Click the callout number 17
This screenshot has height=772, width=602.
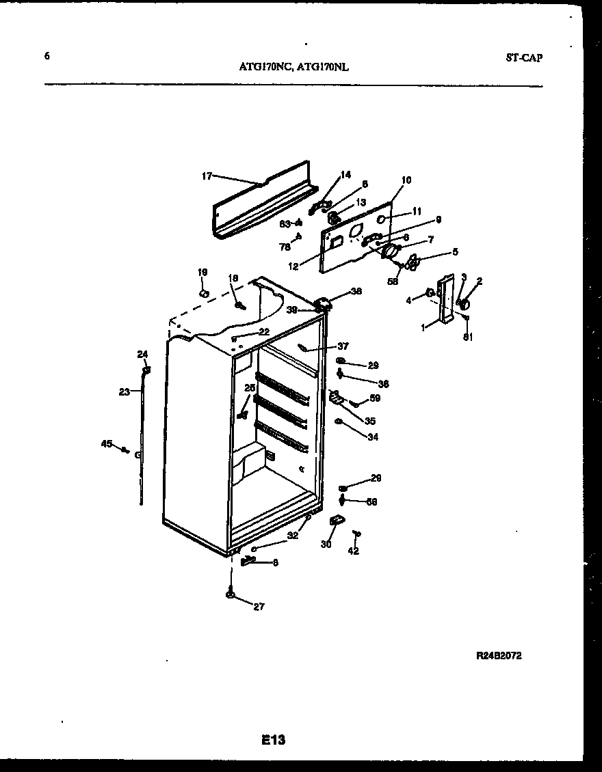(x=207, y=176)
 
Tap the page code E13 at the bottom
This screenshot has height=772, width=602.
(x=272, y=739)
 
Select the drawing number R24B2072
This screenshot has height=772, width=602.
(x=499, y=656)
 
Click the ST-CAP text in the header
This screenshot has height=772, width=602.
(x=524, y=58)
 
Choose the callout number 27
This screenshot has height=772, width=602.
(x=259, y=607)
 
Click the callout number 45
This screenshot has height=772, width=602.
(x=106, y=444)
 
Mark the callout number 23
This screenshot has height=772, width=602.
(x=124, y=392)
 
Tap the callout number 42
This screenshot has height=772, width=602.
(x=354, y=551)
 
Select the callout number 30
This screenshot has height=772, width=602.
(x=326, y=544)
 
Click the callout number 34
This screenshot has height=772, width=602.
(x=372, y=437)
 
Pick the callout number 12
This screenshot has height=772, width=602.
(x=293, y=266)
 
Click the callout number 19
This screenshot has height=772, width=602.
(x=202, y=272)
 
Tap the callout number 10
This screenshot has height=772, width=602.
(x=406, y=180)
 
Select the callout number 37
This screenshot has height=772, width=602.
(x=343, y=346)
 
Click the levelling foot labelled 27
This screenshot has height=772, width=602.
(x=230, y=595)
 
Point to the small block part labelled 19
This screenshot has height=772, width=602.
(x=202, y=292)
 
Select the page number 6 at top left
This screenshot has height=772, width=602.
(x=47, y=57)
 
